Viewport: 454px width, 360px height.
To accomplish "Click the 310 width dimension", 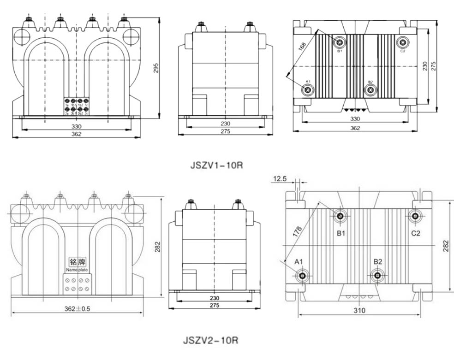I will pos(359,310).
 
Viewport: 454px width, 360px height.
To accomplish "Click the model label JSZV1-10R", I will pos(216,165).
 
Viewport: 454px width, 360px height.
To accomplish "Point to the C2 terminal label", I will pos(416,233).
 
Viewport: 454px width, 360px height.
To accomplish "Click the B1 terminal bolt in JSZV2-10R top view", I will pos(340,216).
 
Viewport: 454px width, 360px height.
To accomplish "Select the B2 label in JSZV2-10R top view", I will pos(378,261).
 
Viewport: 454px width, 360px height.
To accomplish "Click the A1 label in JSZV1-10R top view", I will pos(307,81).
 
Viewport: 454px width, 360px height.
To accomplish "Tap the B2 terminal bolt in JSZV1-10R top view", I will pos(370,89).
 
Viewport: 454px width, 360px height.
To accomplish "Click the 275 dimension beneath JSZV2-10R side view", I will pos(214,306).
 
